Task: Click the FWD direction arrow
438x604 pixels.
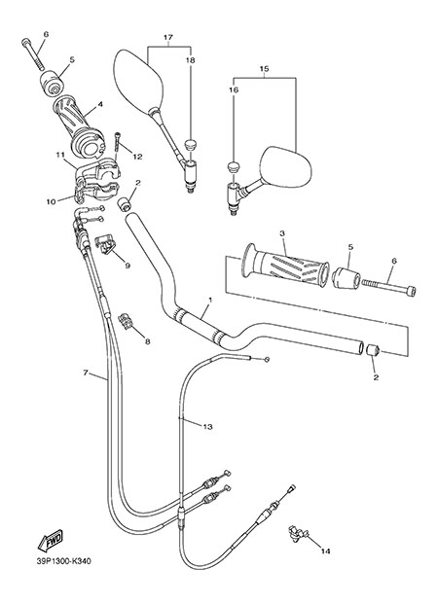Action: point(50,540)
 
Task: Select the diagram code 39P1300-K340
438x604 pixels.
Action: point(64,561)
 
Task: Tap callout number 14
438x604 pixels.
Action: point(326,551)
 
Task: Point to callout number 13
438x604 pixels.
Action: point(208,427)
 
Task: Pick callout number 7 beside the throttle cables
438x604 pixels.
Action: point(86,373)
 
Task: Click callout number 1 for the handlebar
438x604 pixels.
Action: point(210,300)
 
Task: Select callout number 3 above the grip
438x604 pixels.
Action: point(282,233)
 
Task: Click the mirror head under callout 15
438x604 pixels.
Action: point(285,166)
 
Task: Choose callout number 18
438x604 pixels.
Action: point(191,60)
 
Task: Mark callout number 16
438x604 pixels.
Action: point(235,90)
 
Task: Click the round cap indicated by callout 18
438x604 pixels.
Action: point(190,146)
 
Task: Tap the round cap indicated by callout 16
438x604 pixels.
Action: point(233,166)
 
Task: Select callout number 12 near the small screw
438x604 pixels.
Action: point(137,157)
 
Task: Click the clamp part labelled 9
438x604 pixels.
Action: point(105,245)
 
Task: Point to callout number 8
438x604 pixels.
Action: point(147,341)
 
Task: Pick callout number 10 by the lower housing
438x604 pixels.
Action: point(51,201)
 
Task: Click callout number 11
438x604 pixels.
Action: point(59,155)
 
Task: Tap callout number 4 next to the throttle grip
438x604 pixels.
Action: point(100,104)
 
